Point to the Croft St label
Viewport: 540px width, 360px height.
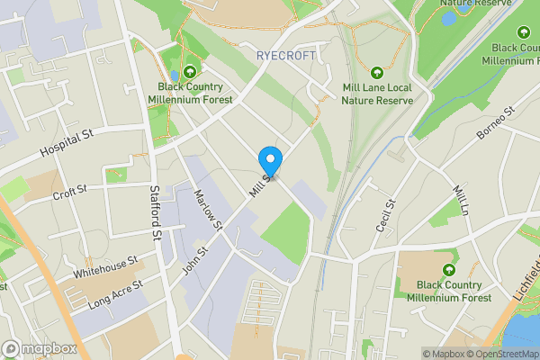click(x=69, y=192)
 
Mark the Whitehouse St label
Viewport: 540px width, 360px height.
click(x=105, y=266)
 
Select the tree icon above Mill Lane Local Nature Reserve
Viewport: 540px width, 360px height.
click(x=377, y=72)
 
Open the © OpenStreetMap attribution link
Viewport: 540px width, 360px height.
click(x=501, y=354)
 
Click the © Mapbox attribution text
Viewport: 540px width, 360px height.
click(x=445, y=354)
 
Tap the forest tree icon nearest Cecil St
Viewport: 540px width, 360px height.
click(x=447, y=270)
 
